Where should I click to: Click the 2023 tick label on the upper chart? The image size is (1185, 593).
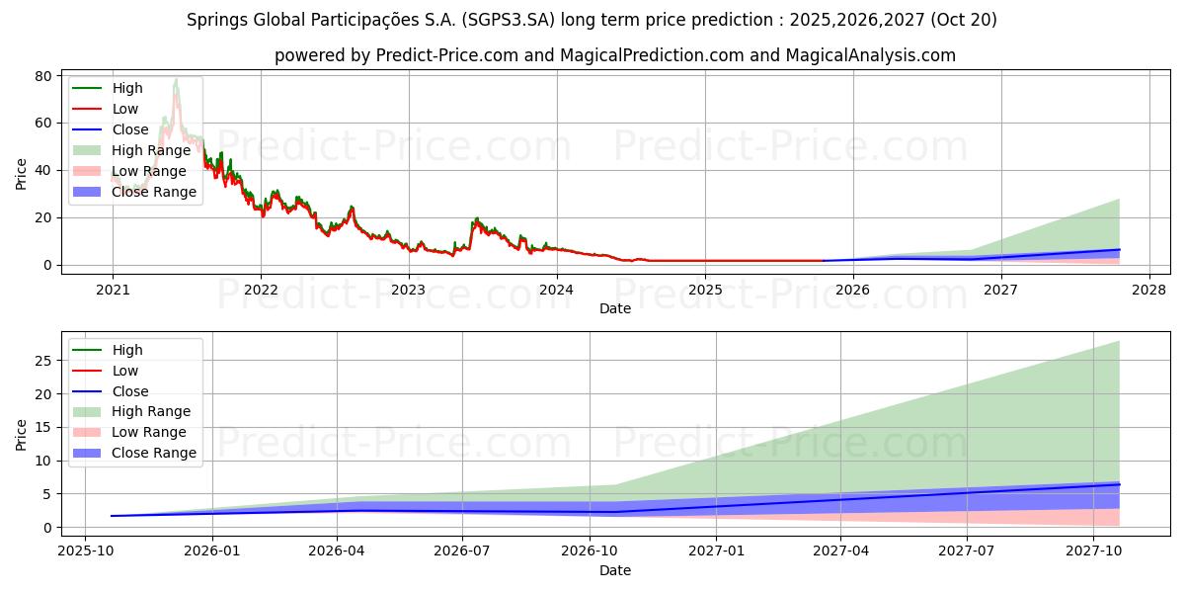pos(408,290)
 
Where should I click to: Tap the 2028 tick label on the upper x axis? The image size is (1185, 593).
pos(1148,290)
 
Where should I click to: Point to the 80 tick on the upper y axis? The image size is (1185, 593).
pos(44,76)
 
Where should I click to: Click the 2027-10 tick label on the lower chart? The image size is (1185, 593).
pos(1093,552)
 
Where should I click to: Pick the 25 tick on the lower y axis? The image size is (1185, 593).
pos(44,361)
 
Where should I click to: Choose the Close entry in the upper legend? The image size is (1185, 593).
pos(130,129)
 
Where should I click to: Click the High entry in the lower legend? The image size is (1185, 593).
pos(127,350)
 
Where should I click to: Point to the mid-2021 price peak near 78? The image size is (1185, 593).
pos(176,80)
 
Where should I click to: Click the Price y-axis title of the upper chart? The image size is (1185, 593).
pos(22,173)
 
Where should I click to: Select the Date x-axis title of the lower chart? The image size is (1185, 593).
pos(615,570)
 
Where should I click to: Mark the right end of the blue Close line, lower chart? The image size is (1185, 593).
pos(1120,484)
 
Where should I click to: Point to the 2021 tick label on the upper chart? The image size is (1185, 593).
pos(112,290)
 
